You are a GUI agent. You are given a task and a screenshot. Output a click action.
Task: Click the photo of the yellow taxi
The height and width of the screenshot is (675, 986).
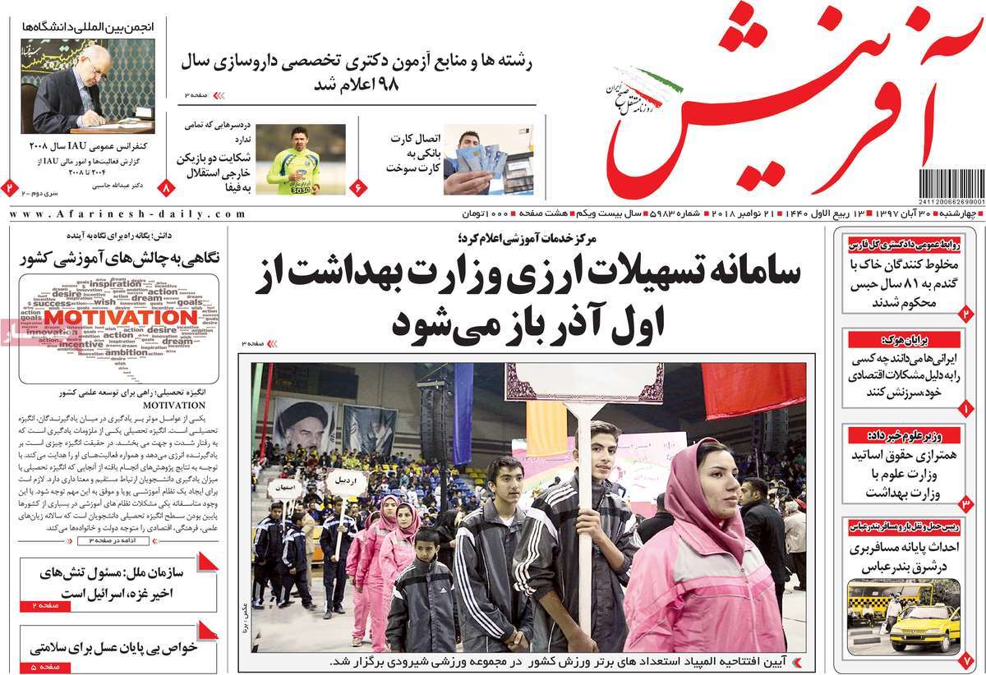point(903,617)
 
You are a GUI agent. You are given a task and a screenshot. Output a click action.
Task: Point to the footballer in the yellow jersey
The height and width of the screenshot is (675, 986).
point(293,159)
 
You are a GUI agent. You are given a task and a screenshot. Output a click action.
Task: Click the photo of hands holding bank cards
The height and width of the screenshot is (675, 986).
point(488,159)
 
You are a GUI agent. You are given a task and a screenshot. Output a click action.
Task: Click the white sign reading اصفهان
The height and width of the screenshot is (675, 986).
point(284,487)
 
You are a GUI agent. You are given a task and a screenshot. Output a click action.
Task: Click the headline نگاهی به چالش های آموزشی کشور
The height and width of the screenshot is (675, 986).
point(119,256)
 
